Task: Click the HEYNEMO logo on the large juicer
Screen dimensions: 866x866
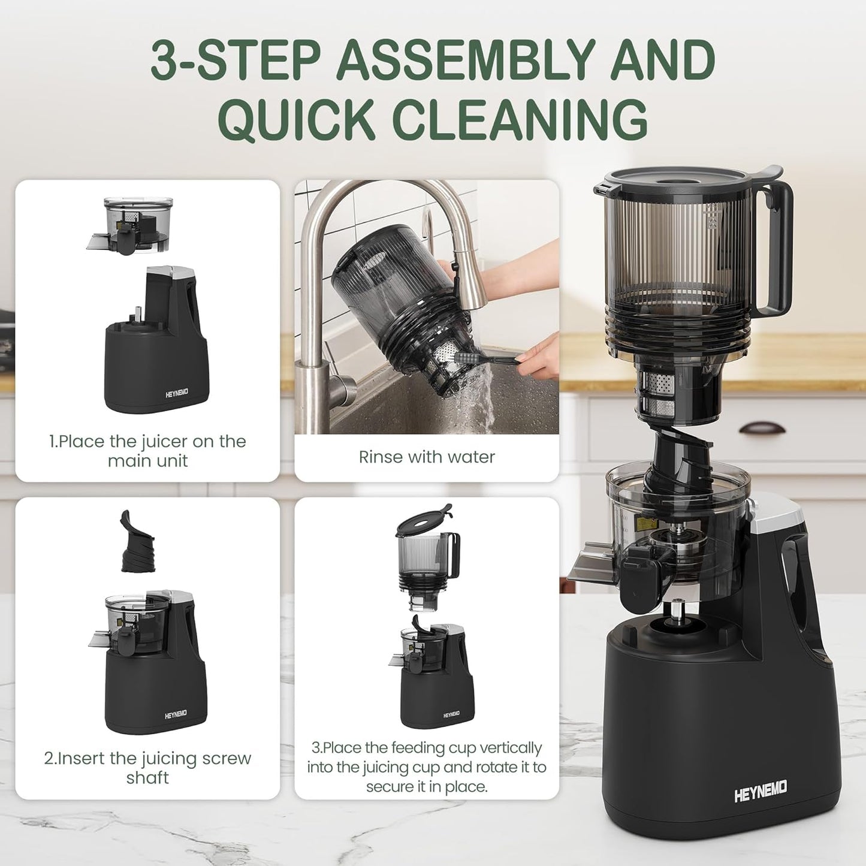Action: coord(761,791)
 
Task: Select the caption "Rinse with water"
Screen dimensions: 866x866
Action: coord(427,457)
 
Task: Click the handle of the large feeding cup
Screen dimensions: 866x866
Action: coord(779,252)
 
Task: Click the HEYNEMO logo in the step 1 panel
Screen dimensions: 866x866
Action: coord(177,393)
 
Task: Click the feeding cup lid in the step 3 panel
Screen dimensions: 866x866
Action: coord(424,522)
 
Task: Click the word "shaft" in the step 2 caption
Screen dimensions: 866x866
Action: coord(147,778)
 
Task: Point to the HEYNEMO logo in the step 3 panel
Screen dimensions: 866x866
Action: coord(451,715)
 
